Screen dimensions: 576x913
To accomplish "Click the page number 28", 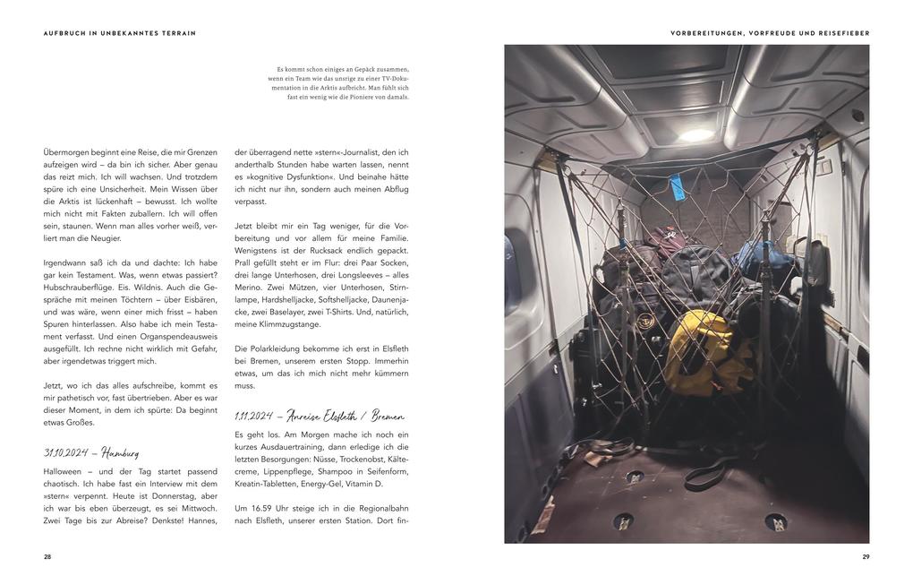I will point(47,557).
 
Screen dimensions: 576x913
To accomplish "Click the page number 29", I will point(866,557).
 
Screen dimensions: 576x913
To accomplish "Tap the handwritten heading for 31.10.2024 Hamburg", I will point(90,452).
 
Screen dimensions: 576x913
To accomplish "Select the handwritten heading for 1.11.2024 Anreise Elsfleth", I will point(319,417).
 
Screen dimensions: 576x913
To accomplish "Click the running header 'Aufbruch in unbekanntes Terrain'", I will point(119,33).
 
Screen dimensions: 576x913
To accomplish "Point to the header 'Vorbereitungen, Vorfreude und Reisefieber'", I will point(770,33).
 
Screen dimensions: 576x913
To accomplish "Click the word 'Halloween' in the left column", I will point(62,470).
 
